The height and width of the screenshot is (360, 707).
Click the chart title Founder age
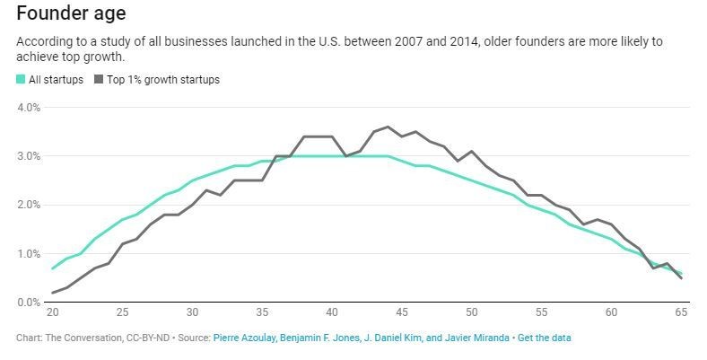click(70, 13)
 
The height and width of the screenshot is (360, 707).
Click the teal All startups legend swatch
click(22, 80)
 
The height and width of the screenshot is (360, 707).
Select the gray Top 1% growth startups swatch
click(99, 80)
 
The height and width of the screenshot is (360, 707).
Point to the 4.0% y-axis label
click(28, 108)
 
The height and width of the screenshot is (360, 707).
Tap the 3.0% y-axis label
click(28, 156)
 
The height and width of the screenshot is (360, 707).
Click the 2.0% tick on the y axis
click(28, 205)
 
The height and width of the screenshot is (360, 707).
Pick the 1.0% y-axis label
click(28, 254)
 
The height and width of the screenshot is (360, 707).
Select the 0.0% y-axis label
click(28, 303)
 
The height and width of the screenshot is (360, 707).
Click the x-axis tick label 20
click(52, 313)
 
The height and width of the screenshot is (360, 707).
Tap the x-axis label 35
click(262, 313)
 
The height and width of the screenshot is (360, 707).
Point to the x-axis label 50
click(472, 313)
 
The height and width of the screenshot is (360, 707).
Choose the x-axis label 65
click(681, 313)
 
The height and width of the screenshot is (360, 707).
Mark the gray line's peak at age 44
click(388, 127)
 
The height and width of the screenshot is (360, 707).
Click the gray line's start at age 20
click(52, 293)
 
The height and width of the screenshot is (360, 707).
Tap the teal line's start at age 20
click(52, 268)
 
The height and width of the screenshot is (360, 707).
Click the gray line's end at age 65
click(681, 278)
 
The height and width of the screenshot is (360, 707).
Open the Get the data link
click(544, 338)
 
